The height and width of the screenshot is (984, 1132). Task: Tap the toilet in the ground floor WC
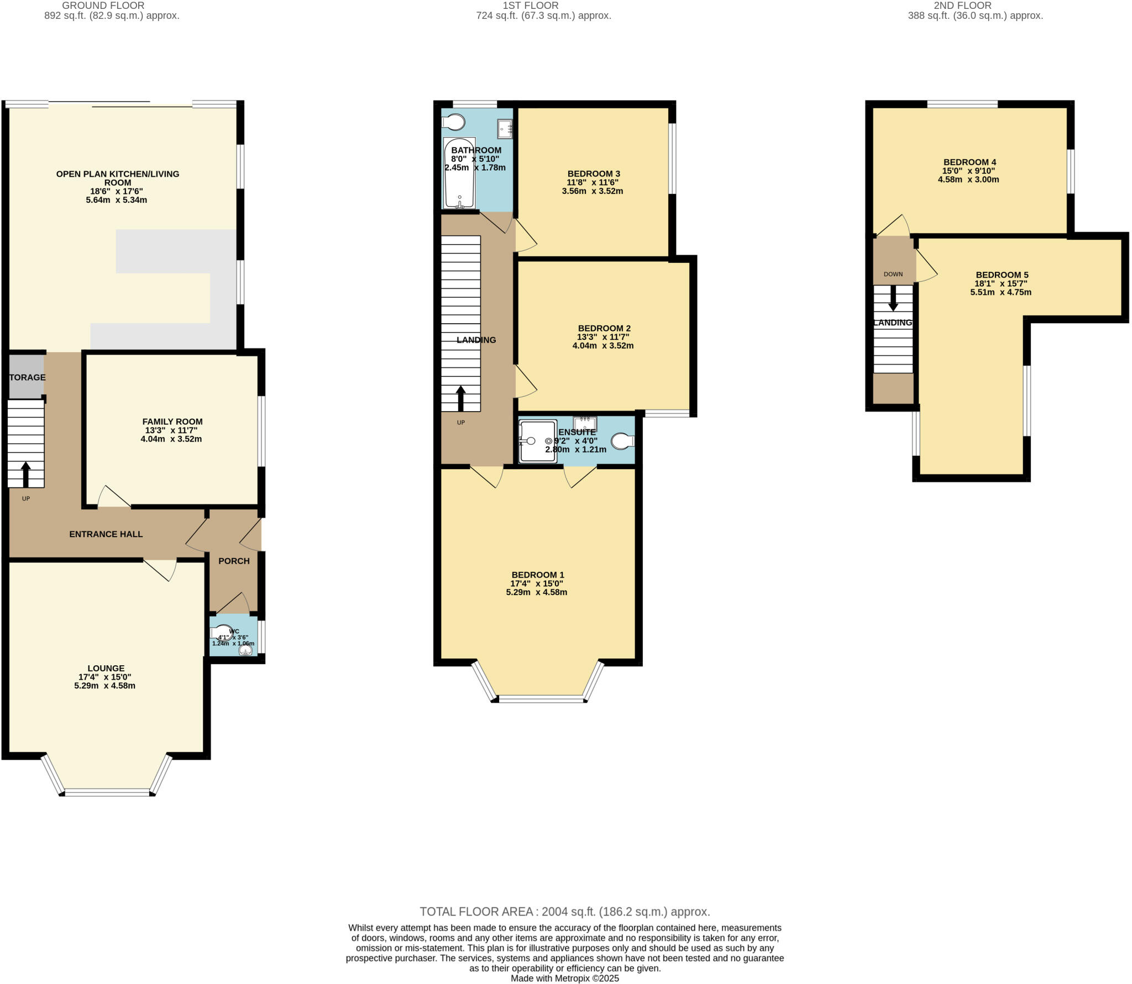pos(222,633)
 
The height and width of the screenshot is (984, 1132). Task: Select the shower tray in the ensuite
pos(538,441)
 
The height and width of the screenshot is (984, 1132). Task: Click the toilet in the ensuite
pos(622,441)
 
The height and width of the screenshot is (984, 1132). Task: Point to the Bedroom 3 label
pos(593,173)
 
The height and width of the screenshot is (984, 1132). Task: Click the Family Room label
pos(172,422)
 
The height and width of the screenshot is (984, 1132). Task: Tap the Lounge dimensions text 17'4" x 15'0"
pos(105,677)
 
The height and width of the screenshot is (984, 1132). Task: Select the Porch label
pos(234,561)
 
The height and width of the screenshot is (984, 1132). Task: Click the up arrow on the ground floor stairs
pos(26,474)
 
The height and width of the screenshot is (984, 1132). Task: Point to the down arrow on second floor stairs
pos(893,298)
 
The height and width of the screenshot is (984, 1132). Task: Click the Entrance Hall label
pos(106,534)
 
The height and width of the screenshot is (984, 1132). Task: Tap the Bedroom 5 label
pos(1002,275)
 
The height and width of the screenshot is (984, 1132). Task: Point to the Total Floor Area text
pos(564,912)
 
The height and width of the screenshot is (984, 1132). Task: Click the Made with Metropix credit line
pos(564,978)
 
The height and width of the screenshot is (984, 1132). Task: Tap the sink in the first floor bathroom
pos(505,128)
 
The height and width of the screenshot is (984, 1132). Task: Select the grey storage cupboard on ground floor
pos(26,376)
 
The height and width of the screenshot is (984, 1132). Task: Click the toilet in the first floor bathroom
pos(454,122)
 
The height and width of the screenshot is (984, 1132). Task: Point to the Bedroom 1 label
pos(537,575)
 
